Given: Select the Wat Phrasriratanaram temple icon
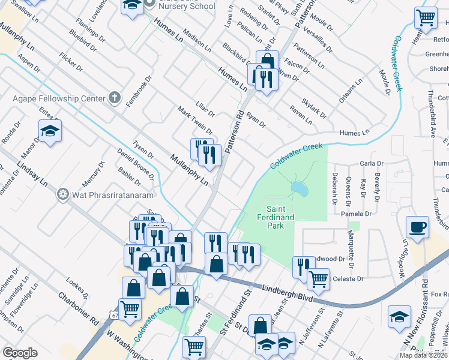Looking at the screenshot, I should [x=61, y=194].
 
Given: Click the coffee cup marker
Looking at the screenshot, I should [x=417, y=227].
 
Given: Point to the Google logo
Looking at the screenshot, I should [x=20, y=353].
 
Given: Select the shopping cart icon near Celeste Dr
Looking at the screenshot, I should [x=318, y=278].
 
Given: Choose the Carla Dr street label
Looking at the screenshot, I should [x=371, y=163].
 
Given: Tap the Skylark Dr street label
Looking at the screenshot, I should [x=314, y=109].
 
